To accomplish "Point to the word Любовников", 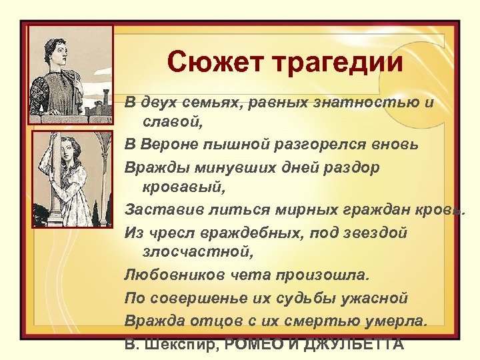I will click(170, 275).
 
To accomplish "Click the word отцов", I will click(210, 321).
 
